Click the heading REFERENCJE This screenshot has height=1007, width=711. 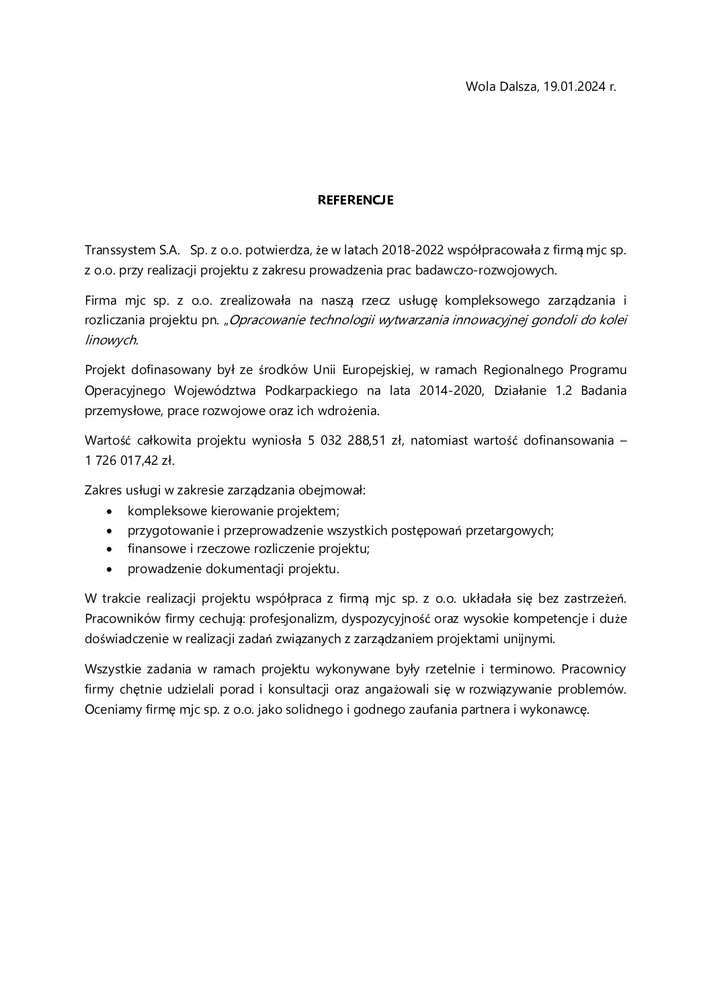pyautogui.click(x=355, y=200)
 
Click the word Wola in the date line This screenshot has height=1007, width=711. pyautogui.click(x=480, y=87)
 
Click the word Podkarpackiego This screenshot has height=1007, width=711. pyautogui.click(x=309, y=390)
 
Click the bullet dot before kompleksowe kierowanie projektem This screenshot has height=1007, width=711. pyautogui.click(x=110, y=511)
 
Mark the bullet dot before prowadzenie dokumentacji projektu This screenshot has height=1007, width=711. pyautogui.click(x=110, y=570)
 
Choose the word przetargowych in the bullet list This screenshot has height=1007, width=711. pyautogui.click(x=513, y=530)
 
